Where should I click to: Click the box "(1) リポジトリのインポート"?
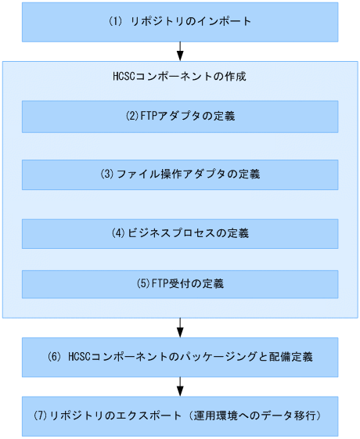click(x=180, y=21)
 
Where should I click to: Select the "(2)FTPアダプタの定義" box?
click(x=180, y=117)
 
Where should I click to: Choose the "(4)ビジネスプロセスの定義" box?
click(x=180, y=234)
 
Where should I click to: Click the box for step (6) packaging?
click(x=180, y=358)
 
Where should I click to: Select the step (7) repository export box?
click(x=180, y=416)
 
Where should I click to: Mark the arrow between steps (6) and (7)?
click(x=181, y=387)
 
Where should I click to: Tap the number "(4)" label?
click(x=118, y=234)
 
